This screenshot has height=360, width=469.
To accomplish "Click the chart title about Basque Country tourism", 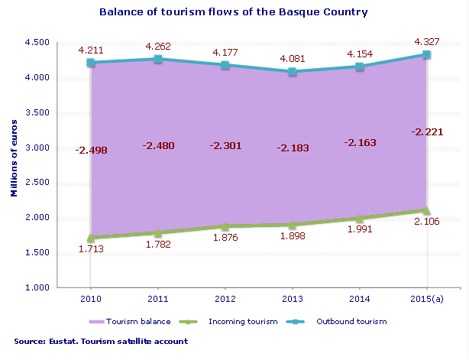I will coord(234,12).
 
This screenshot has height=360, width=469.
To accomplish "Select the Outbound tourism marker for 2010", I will coord(90,63).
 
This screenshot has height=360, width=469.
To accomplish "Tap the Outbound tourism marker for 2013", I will coord(293,72).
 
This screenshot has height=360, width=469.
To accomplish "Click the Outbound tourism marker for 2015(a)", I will coord(427,54).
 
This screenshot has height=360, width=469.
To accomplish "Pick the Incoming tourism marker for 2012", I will coord(225,226).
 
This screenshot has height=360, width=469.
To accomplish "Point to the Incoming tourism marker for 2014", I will coord(360,219).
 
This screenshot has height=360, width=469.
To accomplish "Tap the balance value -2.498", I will coord(91,150).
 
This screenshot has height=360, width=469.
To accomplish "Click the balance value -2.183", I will coord(293,148).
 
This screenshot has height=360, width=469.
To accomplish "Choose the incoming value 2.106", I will coord(427,222).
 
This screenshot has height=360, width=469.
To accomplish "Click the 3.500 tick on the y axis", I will coord(37,112).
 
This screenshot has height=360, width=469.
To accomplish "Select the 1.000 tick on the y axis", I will coord(37,287).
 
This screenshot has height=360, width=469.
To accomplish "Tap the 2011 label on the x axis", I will coord(157,297).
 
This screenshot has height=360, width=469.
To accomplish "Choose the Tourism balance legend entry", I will coord(149,322).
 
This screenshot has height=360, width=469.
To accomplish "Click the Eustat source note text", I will coord(101,340).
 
